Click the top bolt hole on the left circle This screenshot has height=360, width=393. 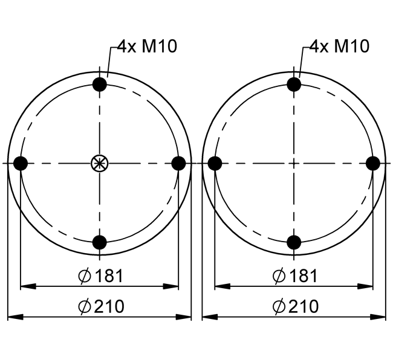100,85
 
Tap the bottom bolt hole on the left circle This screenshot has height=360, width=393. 100,242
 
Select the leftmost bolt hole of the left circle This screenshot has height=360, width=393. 21,163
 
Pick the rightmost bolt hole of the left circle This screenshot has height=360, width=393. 179,163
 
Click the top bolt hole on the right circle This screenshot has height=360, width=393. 294,85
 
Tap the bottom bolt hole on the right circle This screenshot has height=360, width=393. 294,242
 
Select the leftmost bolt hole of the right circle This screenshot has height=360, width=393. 215,163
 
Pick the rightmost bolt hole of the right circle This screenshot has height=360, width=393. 373,163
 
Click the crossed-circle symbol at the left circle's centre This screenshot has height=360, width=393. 100,163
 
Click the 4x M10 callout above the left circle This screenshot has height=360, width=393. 148,47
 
